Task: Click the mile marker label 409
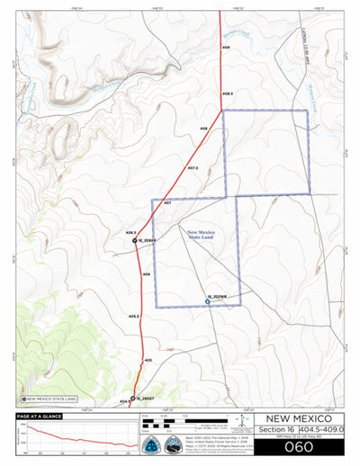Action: coord(226,47)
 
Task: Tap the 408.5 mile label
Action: coord(228,94)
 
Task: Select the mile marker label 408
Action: coord(204,130)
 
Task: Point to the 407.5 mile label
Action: coord(193,167)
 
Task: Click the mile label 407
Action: coord(167,203)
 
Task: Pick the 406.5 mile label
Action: coord(130,232)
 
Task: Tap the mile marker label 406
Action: coord(146,273)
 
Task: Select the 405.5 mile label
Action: coord(134,316)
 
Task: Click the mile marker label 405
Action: coord(148,359)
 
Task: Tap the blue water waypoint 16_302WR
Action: coord(208,302)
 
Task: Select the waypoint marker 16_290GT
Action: coord(133,397)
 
